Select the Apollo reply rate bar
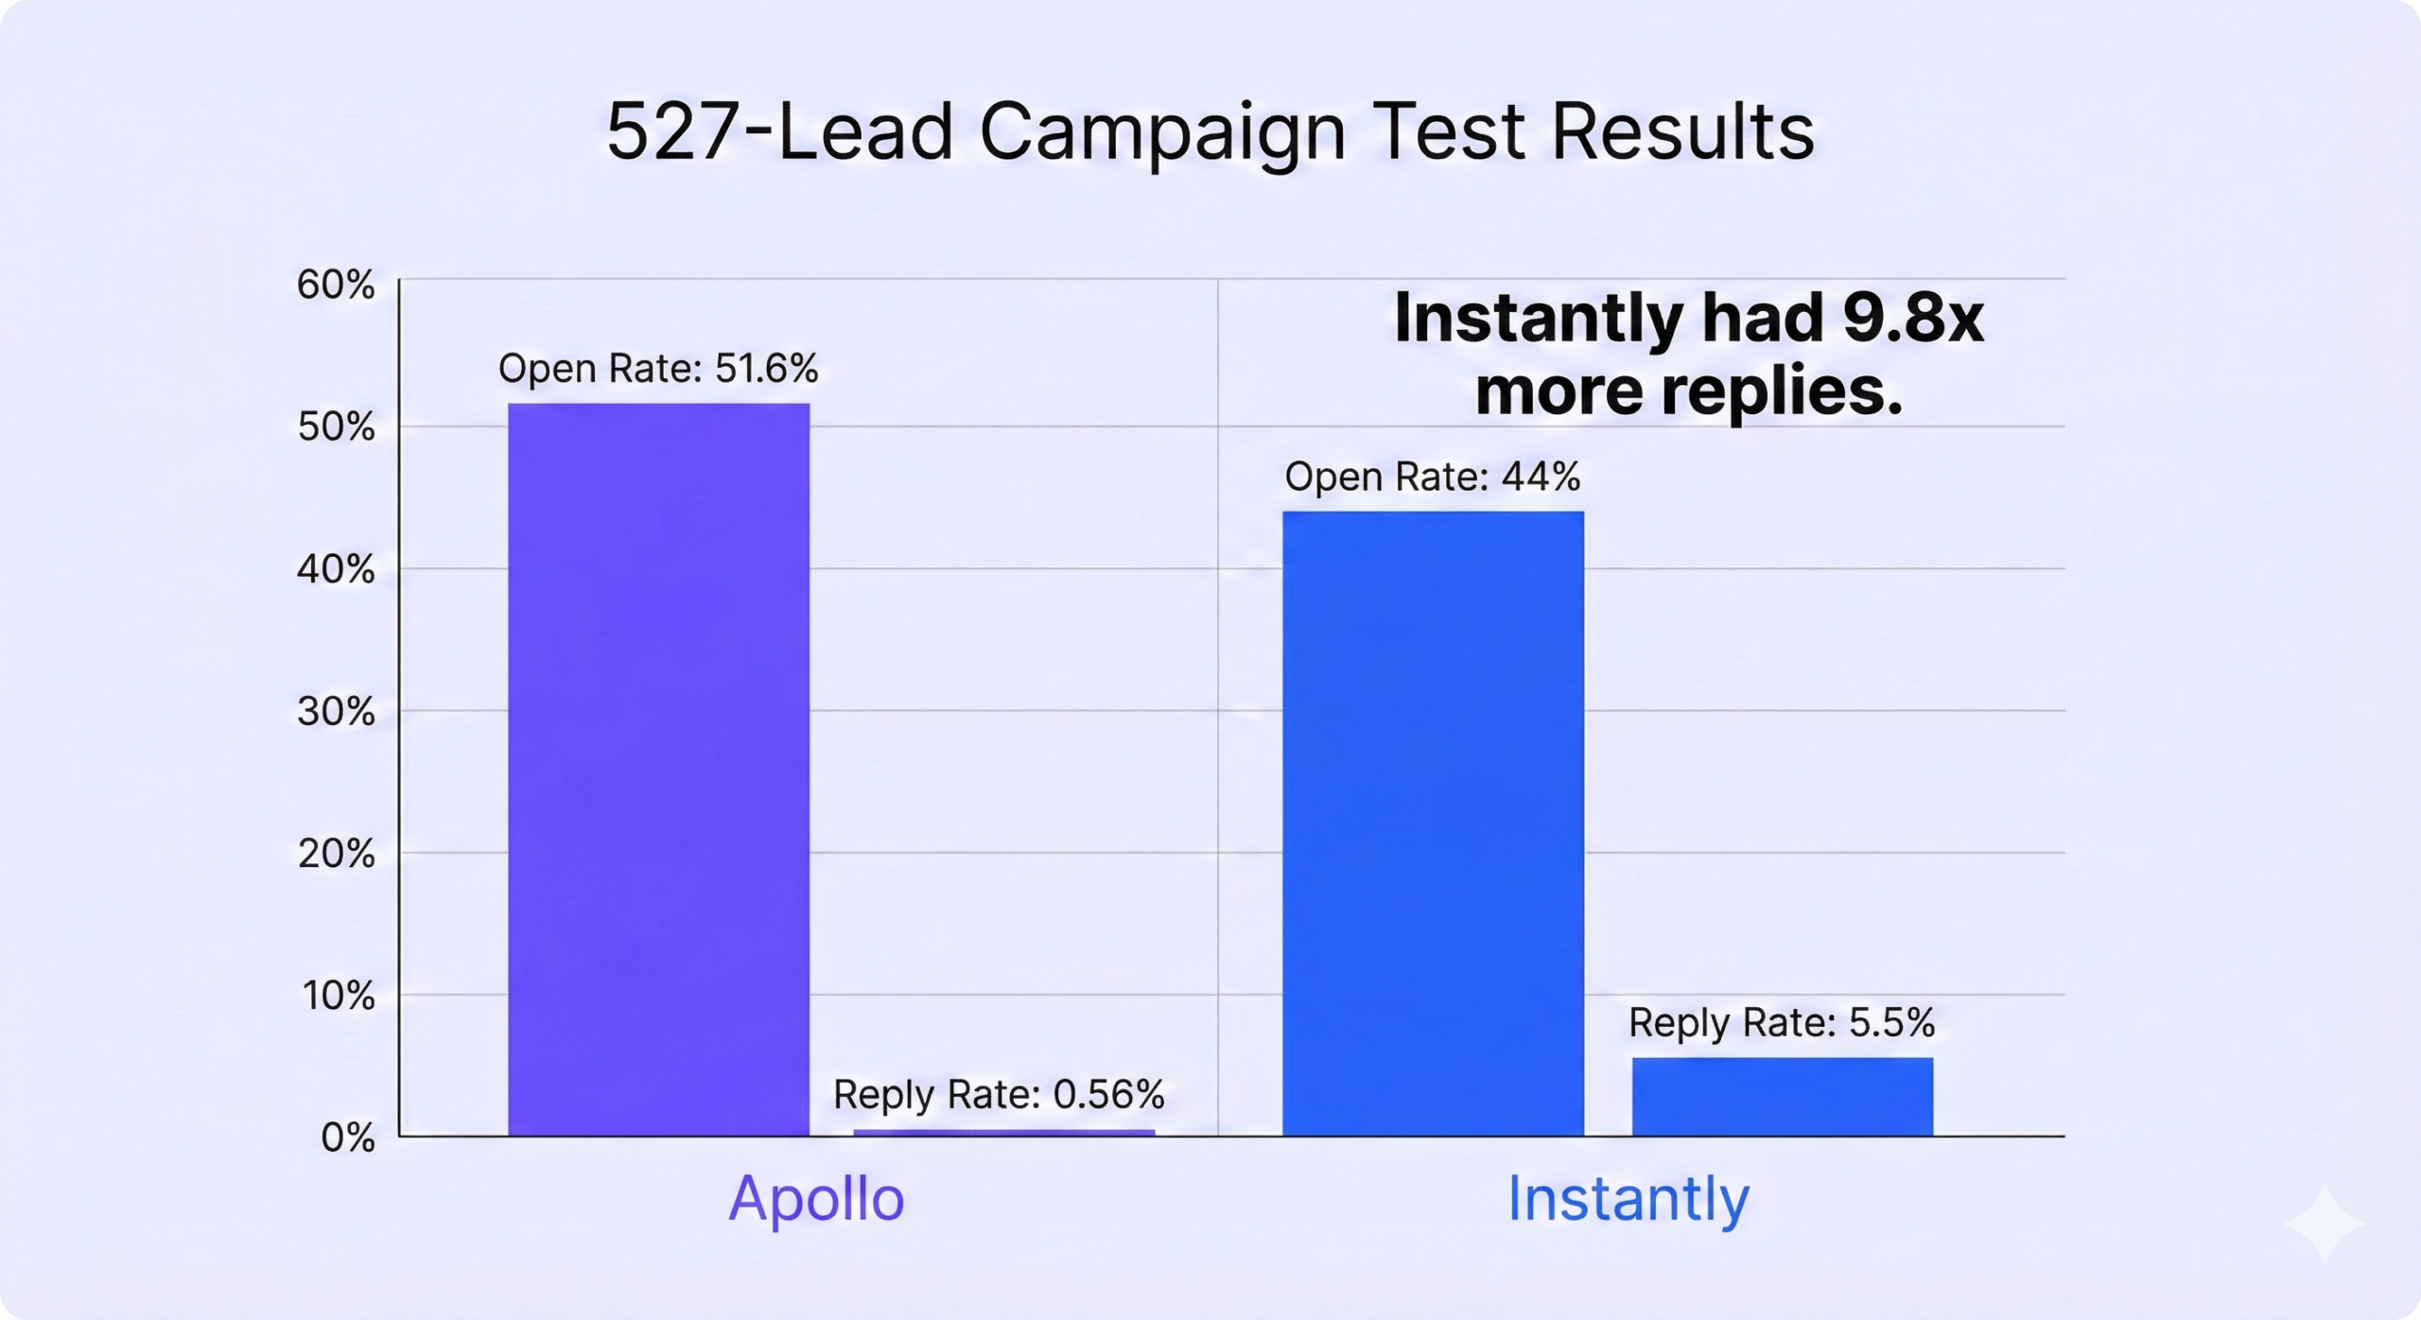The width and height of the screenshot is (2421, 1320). pyautogui.click(x=1003, y=1132)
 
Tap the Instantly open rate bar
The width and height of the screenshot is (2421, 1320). pyautogui.click(x=1433, y=823)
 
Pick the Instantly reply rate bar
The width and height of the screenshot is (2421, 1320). pyautogui.click(x=1782, y=1096)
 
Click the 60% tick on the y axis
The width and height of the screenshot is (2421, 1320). pyautogui.click(x=336, y=285)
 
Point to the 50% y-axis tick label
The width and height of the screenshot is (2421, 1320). pyautogui.click(x=336, y=427)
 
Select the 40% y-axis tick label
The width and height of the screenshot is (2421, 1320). pyautogui.click(x=336, y=569)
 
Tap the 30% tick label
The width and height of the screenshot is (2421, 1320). pyautogui.click(x=336, y=711)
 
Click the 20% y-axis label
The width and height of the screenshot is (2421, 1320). pyautogui.click(x=336, y=854)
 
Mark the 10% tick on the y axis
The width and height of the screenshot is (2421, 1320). pyautogui.click(x=338, y=996)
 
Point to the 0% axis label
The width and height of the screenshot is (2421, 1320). pyautogui.click(x=347, y=1138)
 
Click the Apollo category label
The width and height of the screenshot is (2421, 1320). pyautogui.click(x=815, y=1199)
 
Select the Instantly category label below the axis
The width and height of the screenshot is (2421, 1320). pyautogui.click(x=1628, y=1199)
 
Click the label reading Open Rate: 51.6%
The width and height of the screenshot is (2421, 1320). pyautogui.click(x=657, y=369)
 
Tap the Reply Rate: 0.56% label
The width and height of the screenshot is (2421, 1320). pyautogui.click(x=998, y=1095)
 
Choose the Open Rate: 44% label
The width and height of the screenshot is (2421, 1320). pyautogui.click(x=1432, y=477)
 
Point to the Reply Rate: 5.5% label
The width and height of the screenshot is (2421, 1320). pyautogui.click(x=1781, y=1023)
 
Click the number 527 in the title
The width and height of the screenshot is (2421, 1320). pyautogui.click(x=671, y=132)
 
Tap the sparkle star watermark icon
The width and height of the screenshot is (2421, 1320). pyautogui.click(x=2324, y=1224)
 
